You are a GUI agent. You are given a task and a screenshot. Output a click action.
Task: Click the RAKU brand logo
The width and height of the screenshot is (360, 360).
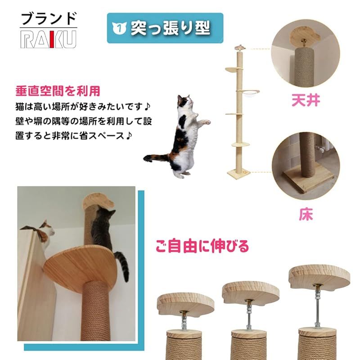(x=48, y=39)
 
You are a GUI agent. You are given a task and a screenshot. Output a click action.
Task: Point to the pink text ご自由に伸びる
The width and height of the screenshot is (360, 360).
(x=202, y=246)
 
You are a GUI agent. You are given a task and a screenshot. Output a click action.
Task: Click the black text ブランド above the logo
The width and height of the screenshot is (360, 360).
(x=49, y=19)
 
